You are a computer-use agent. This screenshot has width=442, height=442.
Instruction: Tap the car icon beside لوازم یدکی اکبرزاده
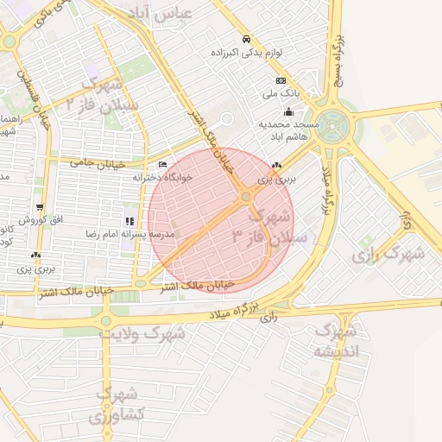pos(247,40)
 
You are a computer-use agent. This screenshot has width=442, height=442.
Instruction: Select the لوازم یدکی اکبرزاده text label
pos(247,54)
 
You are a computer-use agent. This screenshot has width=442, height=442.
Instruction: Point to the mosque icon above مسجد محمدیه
pos(288,111)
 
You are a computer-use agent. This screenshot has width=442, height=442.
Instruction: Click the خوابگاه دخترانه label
pos(164,176)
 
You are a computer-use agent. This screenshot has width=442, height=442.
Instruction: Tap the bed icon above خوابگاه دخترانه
pos(163,164)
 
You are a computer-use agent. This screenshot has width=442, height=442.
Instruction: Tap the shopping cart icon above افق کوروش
pos(40,207)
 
